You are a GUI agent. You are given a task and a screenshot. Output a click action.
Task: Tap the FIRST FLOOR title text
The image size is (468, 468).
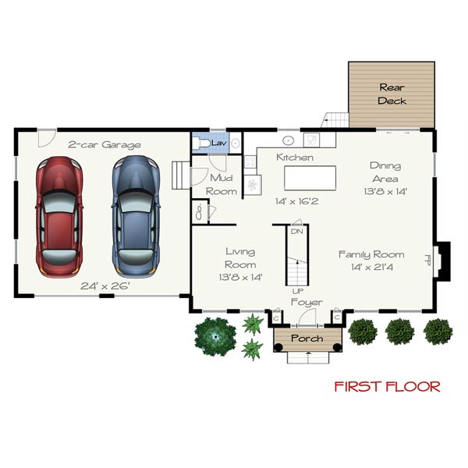(387, 386)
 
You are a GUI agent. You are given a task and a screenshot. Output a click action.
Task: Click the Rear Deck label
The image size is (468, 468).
(392, 94)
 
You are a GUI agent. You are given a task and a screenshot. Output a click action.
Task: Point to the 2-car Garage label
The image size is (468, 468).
(104, 144)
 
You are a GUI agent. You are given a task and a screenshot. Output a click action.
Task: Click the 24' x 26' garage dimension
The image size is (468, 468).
(105, 285)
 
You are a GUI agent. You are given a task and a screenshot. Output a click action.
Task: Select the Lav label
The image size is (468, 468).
(218, 144)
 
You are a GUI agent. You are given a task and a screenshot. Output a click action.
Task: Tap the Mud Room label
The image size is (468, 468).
(222, 185)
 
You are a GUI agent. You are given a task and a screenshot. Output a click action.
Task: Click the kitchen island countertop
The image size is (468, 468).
(309, 177)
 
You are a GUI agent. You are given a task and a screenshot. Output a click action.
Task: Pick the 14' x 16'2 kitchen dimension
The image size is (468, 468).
(296, 201)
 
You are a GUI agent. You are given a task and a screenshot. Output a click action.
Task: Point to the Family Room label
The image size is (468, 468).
(370, 254)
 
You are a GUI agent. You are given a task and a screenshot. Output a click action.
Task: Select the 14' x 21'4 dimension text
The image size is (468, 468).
(370, 267)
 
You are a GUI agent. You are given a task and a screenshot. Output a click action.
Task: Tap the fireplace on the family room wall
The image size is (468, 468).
(442, 261)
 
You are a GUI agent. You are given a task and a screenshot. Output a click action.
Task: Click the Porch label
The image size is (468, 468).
(307, 339)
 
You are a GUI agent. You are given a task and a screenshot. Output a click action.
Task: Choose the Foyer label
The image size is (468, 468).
(307, 302)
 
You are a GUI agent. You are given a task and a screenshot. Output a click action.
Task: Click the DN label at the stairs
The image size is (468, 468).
(296, 232)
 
